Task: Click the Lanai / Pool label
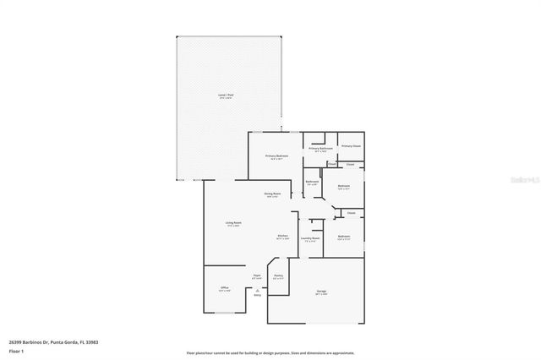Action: [226, 95]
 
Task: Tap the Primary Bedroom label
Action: [277, 156]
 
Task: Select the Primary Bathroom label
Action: [320, 148]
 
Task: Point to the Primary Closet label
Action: [351, 146]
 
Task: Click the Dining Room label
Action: [272, 194]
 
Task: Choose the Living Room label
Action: [233, 223]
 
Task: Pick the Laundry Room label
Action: [311, 238]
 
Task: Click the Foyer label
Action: [257, 275]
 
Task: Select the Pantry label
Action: [278, 275]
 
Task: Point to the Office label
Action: [225, 288]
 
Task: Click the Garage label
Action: [321, 292]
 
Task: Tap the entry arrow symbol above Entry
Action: [257, 289]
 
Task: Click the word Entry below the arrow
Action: [257, 295]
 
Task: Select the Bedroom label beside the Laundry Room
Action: [343, 236]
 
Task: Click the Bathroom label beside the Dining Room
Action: [312, 183]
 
